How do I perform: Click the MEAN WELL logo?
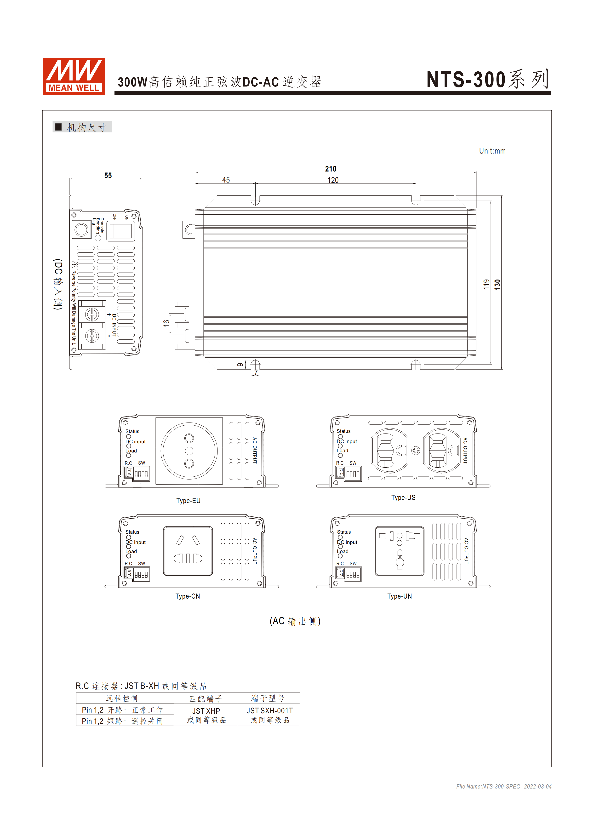(74, 76)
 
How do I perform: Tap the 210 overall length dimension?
(331, 169)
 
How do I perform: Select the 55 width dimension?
(108, 176)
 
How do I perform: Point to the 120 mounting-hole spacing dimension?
(333, 180)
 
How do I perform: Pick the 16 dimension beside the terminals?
(166, 323)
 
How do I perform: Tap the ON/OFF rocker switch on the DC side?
(121, 230)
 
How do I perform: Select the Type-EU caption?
(188, 501)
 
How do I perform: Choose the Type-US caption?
(403, 497)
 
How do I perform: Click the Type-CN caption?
(188, 596)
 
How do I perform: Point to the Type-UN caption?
(400, 596)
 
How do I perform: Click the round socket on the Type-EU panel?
(189, 451)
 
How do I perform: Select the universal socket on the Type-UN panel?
(400, 551)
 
